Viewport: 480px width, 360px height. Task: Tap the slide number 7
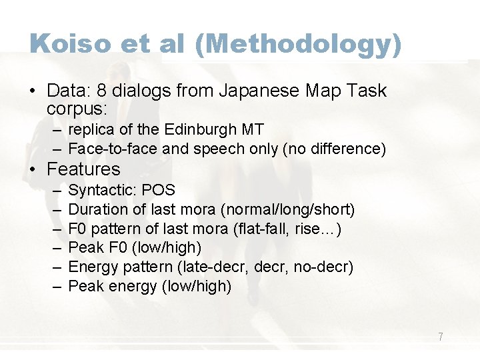(441, 337)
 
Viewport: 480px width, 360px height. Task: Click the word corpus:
(78, 107)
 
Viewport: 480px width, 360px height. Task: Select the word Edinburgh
(197, 130)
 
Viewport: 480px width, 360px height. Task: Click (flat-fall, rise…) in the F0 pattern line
(286, 229)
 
